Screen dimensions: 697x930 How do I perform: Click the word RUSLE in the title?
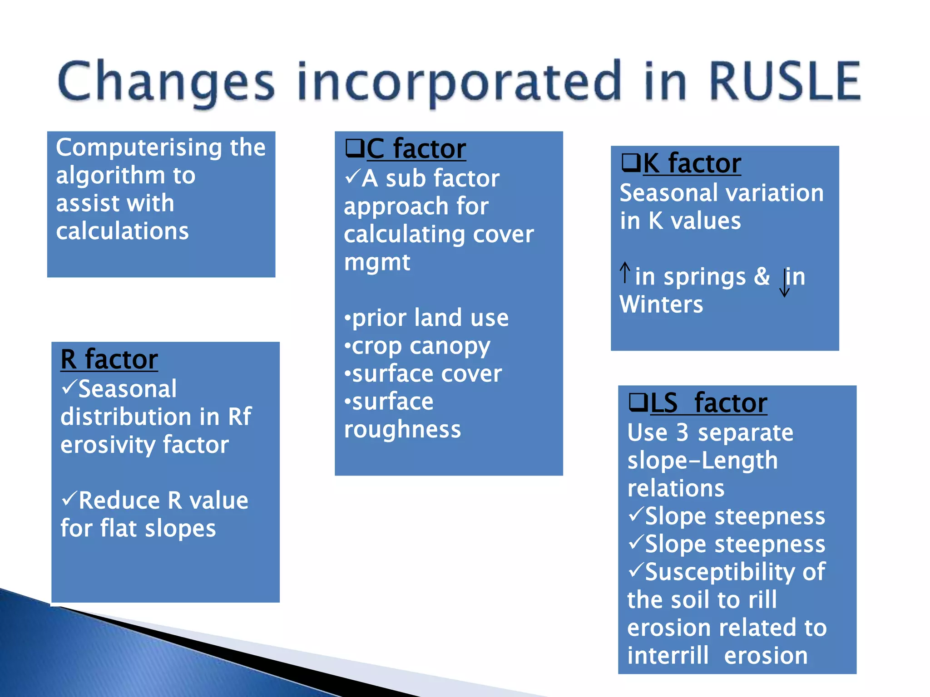point(784,82)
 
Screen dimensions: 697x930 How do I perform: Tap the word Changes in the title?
point(166,82)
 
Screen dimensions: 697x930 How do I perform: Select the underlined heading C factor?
point(416,149)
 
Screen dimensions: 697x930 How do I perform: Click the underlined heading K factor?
point(692,163)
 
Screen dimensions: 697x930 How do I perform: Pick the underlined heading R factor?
point(109,359)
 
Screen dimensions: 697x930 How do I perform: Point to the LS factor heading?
point(708,403)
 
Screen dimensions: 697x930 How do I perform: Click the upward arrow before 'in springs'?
point(625,273)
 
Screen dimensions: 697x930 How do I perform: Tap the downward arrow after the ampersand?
point(784,283)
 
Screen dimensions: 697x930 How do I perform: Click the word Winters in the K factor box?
point(661,304)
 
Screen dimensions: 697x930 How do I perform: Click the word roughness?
point(402,430)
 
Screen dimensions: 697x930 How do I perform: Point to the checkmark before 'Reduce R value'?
point(69,499)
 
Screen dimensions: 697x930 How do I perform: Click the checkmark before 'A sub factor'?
point(352,176)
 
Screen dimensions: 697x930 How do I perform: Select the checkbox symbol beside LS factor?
point(638,402)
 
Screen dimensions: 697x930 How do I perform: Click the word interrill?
point(668,656)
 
